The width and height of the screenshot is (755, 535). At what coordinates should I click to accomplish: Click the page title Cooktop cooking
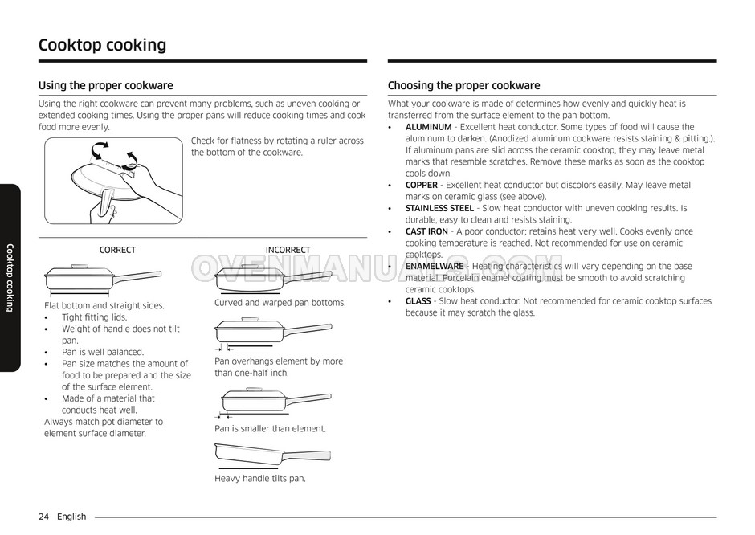[x=102, y=45]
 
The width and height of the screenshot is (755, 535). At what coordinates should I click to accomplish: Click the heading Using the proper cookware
[x=105, y=85]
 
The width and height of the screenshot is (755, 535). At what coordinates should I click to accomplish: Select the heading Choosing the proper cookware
[x=463, y=85]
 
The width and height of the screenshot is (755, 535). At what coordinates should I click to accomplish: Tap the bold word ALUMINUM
[x=428, y=127]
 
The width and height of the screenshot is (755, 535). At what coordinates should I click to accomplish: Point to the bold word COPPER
[x=422, y=185]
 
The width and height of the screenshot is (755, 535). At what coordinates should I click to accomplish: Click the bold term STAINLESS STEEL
[x=439, y=208]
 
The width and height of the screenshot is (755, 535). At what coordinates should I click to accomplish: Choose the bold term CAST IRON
[x=426, y=231]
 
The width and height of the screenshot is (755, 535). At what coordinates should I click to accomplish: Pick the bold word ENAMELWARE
[x=435, y=266]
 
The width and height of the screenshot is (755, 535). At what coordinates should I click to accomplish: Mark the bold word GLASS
[x=418, y=301]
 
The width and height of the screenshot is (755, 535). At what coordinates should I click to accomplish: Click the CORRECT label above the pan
[x=117, y=250]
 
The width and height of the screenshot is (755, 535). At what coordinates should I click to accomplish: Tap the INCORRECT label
[x=288, y=250]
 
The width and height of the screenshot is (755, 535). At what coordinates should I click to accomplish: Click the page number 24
[x=44, y=517]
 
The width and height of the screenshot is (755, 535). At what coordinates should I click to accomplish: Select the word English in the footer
[x=71, y=517]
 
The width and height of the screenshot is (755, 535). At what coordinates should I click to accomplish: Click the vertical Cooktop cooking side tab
[x=10, y=277]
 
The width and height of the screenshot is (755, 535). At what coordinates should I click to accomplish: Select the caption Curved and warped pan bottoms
[x=280, y=303]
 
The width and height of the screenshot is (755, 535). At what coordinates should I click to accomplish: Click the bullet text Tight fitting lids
[x=95, y=317]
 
